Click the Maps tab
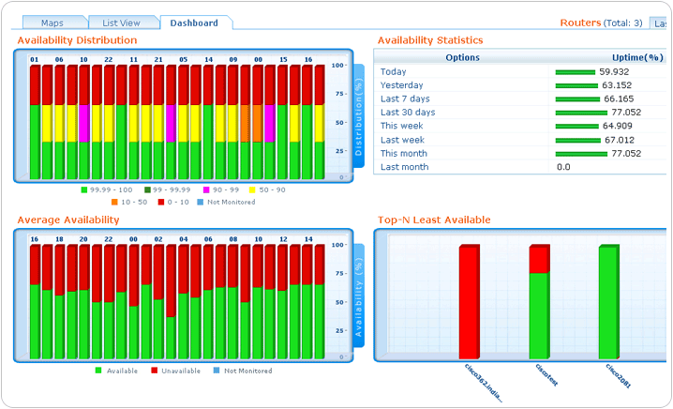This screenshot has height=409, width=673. pyautogui.click(x=52, y=23)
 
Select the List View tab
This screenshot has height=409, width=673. pyautogui.click(x=123, y=23)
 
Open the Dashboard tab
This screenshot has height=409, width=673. pyautogui.click(x=195, y=23)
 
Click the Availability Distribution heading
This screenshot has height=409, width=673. pyautogui.click(x=77, y=40)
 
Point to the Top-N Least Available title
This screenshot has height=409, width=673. pyautogui.click(x=434, y=220)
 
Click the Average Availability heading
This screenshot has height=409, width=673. pyautogui.click(x=68, y=220)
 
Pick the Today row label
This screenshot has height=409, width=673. pyautogui.click(x=394, y=72)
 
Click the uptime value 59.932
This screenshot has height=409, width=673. pyautogui.click(x=615, y=72)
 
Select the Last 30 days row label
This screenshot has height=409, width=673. pyautogui.click(x=408, y=113)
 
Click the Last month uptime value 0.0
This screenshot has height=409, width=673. pyautogui.click(x=563, y=167)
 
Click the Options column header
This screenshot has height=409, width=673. pyautogui.click(x=462, y=58)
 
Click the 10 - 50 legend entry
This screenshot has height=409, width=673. pyautogui.click(x=131, y=202)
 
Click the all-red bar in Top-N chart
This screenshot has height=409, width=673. pyautogui.click(x=469, y=300)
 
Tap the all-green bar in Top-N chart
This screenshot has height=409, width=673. pyautogui.click(x=608, y=300)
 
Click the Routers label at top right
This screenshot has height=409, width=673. pyautogui.click(x=580, y=23)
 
